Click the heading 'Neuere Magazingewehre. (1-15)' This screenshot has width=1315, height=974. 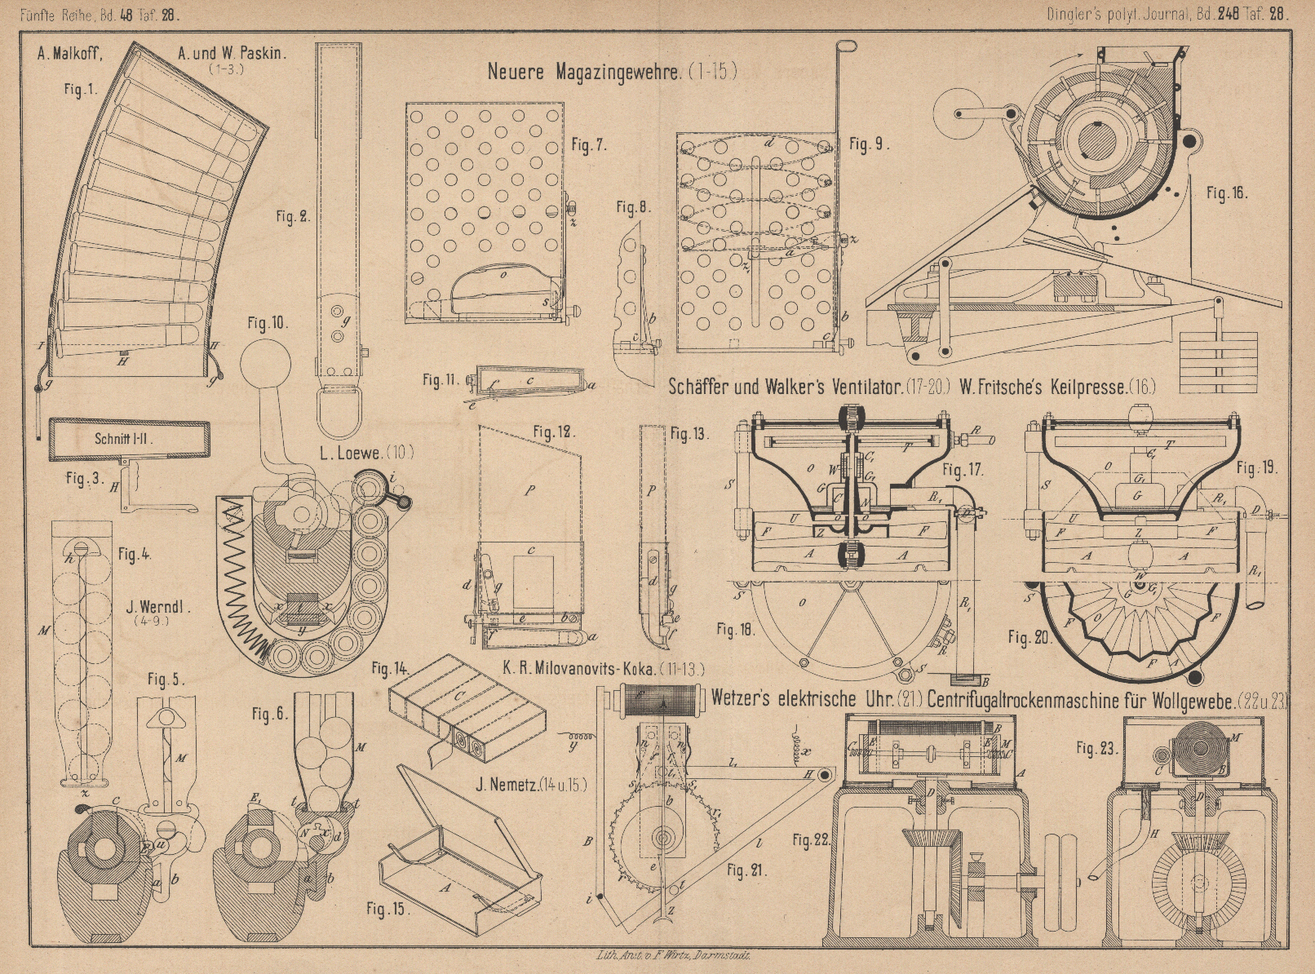tap(612, 71)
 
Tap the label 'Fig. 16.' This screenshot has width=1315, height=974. tap(1226, 193)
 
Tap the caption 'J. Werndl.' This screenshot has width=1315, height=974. tap(158, 607)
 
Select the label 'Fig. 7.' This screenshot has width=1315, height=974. tap(589, 146)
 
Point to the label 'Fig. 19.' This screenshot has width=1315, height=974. tap(1256, 468)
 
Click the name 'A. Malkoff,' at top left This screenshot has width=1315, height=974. tap(69, 55)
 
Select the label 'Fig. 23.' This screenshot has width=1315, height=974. tap(1095, 746)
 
